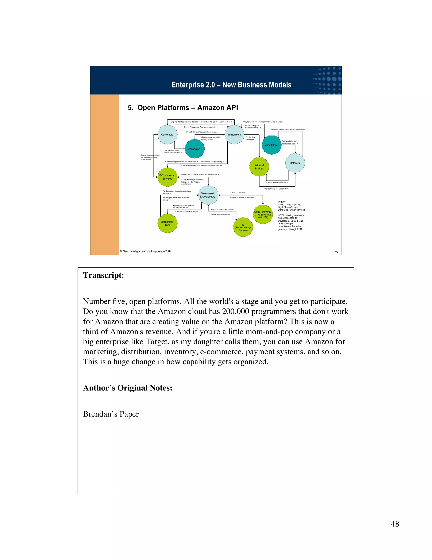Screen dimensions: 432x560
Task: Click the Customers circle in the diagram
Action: (x=167, y=135)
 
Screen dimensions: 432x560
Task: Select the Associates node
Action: (x=194, y=149)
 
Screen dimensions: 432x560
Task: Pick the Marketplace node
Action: (x=271, y=145)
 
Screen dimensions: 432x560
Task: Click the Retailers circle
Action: (x=295, y=163)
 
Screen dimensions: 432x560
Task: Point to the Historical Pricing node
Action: (x=259, y=167)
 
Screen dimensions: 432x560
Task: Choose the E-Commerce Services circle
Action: (x=167, y=177)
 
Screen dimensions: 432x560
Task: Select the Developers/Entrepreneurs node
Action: (x=208, y=195)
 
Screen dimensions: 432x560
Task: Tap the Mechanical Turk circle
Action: (x=167, y=223)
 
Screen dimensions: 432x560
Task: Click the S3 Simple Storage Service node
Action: (x=243, y=227)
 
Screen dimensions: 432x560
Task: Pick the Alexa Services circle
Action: (x=263, y=214)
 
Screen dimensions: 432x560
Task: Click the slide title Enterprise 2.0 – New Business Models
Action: (x=231, y=85)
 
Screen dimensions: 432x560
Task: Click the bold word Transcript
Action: (x=102, y=275)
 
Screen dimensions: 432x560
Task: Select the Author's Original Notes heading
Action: (x=128, y=388)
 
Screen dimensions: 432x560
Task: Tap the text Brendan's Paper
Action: (x=111, y=414)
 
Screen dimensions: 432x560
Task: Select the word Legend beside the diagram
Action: (x=282, y=202)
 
